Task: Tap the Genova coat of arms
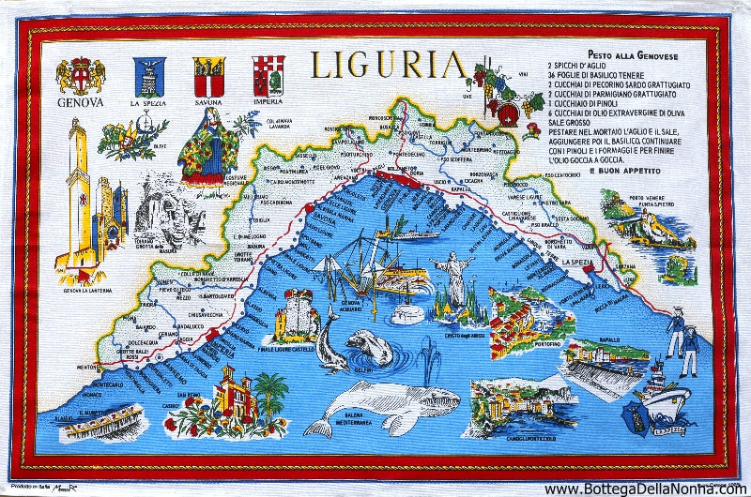click(81, 75)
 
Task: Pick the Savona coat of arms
click(207, 73)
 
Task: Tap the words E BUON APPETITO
click(625, 172)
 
